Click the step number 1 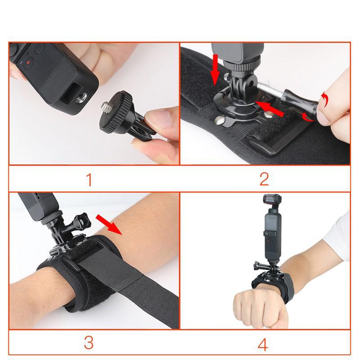tap(89, 180)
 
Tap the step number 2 tap(264, 179)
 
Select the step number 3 tap(89, 343)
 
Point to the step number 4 tap(263, 344)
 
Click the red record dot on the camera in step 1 tap(28, 63)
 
